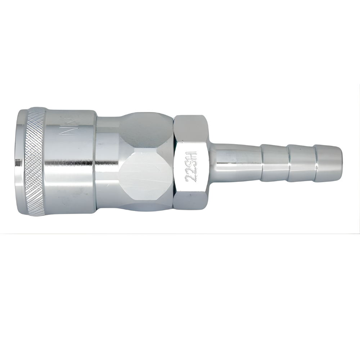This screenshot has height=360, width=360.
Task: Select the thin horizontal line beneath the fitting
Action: click(x=180, y=233)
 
